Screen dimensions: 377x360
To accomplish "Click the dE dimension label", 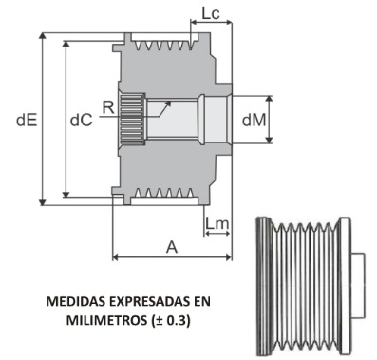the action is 27,121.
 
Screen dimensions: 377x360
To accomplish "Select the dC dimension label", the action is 81,121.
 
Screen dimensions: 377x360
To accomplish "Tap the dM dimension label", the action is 254,121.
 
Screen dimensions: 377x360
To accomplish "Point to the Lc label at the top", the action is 211,13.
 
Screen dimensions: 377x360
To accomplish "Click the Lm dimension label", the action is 217,223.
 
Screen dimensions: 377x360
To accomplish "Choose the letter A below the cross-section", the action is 172,247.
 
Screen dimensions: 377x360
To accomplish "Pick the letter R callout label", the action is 108,107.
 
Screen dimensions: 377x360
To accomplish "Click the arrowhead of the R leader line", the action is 168,104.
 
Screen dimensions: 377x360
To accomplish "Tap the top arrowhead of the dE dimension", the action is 43,36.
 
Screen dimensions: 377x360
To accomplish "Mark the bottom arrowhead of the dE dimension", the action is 43,201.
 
